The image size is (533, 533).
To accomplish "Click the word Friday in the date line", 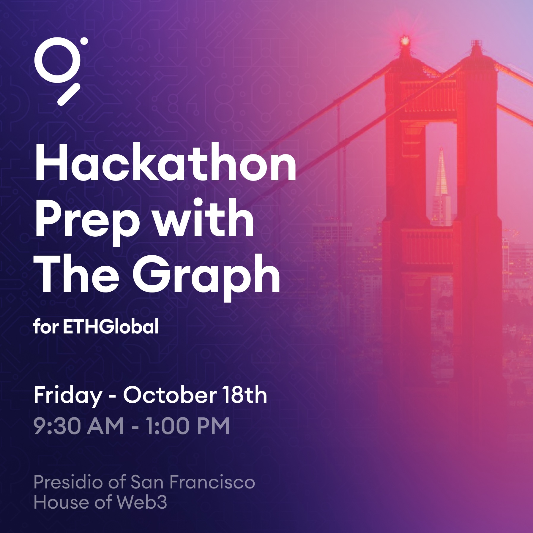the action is [x=68, y=396].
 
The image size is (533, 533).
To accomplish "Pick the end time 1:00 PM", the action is [x=187, y=426].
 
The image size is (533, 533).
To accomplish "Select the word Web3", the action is [x=142, y=502].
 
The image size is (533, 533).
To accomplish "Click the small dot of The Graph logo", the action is [x=84, y=41].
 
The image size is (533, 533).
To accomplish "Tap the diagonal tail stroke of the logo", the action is [x=69, y=94].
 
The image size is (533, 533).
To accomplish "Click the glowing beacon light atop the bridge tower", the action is [x=404, y=41].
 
